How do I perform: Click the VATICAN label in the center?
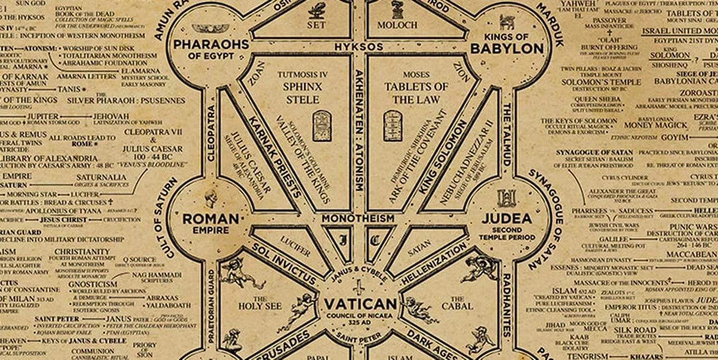coord(360,304)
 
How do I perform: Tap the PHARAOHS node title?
coord(211,44)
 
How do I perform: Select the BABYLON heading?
coord(507,48)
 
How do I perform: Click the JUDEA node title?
coord(507,219)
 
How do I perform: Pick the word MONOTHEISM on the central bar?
coord(358,218)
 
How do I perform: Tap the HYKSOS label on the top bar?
coord(359,47)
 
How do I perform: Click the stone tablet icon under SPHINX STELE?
coord(321,125)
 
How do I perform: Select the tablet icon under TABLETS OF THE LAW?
coord(393,125)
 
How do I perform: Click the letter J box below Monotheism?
coord(343,240)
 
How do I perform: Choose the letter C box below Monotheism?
coord(376,240)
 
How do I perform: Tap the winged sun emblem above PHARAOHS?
coord(211,28)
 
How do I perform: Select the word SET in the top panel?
coord(316,25)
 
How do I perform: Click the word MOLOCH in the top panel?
coord(398,25)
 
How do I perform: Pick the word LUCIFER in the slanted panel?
coord(296,247)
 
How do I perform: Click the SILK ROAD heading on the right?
coord(634,330)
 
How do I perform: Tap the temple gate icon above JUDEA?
coord(506,198)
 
